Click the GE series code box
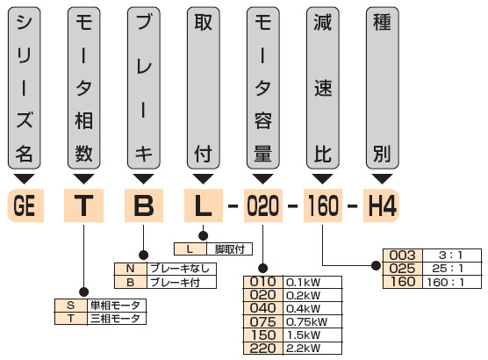click(25, 205)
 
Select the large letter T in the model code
click(83, 205)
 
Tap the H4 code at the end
click(382, 205)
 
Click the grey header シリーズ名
click(25, 88)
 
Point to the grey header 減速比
click(323, 88)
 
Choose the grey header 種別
click(382, 88)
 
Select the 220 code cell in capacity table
click(263, 348)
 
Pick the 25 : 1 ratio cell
click(452, 269)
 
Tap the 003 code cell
click(402, 256)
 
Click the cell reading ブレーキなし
click(182, 269)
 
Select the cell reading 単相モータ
click(117, 306)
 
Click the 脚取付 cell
click(229, 249)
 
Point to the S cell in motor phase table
click(71, 306)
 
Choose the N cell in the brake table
click(131, 269)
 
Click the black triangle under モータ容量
click(263, 178)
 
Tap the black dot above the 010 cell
click(263, 268)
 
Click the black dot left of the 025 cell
click(376, 266)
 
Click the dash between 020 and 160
click(293, 205)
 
